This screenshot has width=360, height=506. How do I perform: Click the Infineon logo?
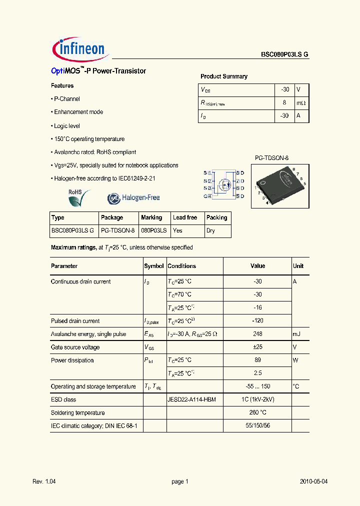[x=78, y=49]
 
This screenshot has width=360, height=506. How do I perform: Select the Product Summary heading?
[x=223, y=76]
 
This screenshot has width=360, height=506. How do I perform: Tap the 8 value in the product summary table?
[x=284, y=102]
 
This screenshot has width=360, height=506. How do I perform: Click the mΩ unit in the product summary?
[x=300, y=102]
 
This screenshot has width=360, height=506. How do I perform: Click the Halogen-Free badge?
[x=133, y=198]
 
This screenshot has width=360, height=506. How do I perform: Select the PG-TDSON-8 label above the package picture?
[x=272, y=158]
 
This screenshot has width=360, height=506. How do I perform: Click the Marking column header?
[x=151, y=217]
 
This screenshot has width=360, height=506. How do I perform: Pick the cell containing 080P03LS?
[x=154, y=230]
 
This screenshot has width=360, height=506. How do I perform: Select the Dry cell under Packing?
[x=211, y=230]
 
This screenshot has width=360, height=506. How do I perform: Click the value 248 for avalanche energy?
[x=257, y=334]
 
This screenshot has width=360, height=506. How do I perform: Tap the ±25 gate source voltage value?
[x=257, y=347]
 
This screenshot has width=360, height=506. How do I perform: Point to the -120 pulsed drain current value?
[x=257, y=321]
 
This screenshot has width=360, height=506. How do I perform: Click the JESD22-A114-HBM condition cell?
[x=191, y=399]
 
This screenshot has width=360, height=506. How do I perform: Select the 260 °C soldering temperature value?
[x=257, y=412]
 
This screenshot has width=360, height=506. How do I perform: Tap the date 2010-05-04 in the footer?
[x=313, y=481]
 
